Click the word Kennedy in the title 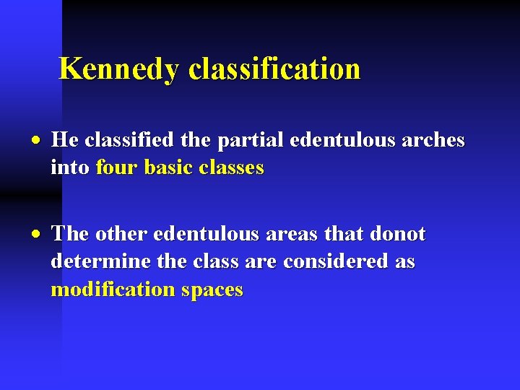coord(120,69)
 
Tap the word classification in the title coord(274,69)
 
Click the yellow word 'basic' coord(168,168)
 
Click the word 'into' coord(69,168)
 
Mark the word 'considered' coord(337,261)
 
